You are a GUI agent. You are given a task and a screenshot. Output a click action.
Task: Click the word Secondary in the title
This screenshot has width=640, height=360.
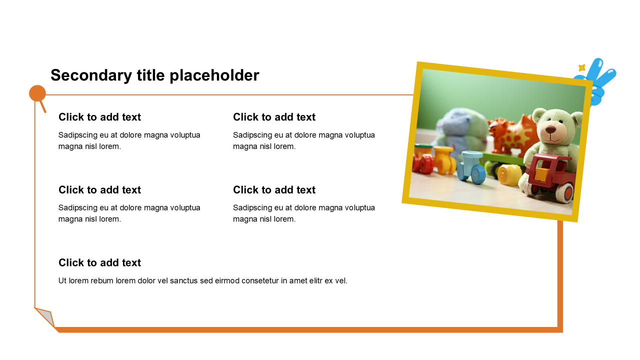pos(91,75)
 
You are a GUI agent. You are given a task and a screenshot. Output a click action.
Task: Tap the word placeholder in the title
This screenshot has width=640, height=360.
pos(214,75)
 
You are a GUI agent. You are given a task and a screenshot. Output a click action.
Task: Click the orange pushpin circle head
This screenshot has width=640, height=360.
pos(37,93)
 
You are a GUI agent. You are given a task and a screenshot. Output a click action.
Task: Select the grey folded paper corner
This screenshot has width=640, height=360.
pos(45,316)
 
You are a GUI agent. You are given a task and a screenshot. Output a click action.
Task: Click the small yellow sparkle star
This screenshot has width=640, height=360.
pos(581,67)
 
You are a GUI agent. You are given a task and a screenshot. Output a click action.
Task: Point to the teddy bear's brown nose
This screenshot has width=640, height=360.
pos(550,130)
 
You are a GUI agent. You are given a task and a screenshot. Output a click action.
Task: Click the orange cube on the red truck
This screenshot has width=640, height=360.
pos(541,174)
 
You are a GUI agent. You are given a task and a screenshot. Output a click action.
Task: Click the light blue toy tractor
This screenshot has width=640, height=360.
pos(471,167)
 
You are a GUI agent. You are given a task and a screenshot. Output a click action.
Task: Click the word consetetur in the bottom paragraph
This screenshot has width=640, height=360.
pos(260,281)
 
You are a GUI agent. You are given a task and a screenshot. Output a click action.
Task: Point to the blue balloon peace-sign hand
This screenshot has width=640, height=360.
pos(597,81)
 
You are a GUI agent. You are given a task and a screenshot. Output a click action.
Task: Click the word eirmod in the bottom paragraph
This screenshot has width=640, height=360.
pos(227,281)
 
